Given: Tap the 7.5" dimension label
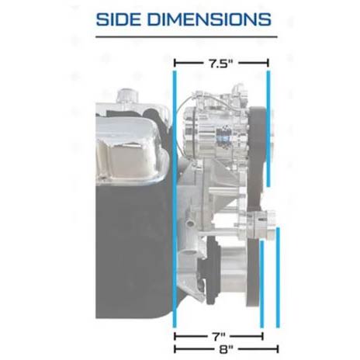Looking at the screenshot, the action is point(221,64).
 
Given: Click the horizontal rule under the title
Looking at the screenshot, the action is point(186,36).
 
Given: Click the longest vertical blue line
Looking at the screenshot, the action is point(175,199).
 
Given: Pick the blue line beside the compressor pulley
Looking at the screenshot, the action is point(268,129).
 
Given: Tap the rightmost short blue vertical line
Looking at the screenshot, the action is point(278,278).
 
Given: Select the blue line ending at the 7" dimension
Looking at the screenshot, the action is point(261,284).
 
